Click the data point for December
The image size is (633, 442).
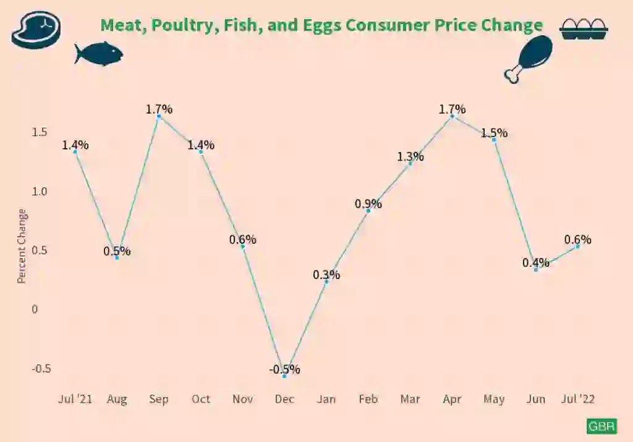[284, 375]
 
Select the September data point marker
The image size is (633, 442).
[159, 116]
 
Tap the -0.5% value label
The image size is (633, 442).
[284, 370]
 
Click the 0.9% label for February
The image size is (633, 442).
[368, 204]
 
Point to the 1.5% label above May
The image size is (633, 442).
[494, 133]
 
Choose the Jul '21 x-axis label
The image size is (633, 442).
[75, 399]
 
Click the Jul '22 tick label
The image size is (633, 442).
[578, 399]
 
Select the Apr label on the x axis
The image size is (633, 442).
[452, 399]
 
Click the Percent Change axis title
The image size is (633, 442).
[22, 246]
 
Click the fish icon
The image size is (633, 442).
[98, 54]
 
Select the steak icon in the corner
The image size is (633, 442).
[36, 29]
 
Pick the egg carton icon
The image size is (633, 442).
[584, 29]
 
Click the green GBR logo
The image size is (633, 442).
[601, 426]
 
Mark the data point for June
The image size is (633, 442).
[536, 269]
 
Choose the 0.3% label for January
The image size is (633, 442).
[326, 275]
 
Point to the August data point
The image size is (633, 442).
[117, 257]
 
